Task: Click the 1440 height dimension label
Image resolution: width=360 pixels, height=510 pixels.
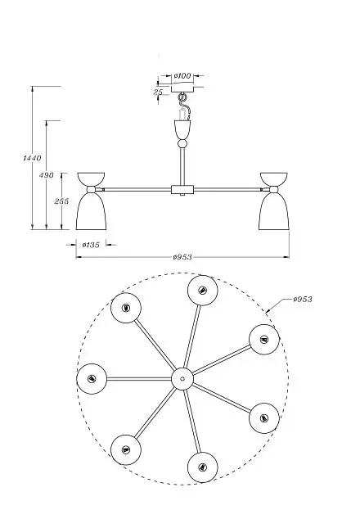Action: coord(32,158)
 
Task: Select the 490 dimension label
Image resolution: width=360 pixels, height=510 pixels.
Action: coord(46,175)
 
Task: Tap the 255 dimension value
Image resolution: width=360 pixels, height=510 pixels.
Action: coord(61,201)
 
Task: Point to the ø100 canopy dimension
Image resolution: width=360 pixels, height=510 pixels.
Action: coord(182,76)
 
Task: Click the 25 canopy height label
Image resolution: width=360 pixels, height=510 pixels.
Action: coord(158,92)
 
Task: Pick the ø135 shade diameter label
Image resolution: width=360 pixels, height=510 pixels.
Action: coord(91,245)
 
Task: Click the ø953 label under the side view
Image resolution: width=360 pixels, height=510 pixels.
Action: coord(182,257)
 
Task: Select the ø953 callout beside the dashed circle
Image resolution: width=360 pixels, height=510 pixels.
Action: coord(303,299)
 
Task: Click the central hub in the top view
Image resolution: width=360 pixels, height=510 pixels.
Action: coord(182,378)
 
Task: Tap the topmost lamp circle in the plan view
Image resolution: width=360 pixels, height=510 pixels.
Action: coord(203,291)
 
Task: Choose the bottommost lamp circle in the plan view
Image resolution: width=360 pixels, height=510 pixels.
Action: coord(203,467)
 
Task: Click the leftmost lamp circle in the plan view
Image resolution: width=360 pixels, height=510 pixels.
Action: coord(92,379)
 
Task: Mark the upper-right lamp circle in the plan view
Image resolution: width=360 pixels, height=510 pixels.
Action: coord(264,340)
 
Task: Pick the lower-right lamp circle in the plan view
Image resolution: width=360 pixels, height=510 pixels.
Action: coord(264,418)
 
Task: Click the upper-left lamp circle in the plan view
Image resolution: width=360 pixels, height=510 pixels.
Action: coord(126,308)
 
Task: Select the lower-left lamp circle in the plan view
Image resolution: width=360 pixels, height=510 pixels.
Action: coord(126,449)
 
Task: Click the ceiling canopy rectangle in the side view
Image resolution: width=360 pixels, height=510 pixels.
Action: coord(182,88)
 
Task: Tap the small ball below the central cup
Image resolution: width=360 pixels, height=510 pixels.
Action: coord(182,144)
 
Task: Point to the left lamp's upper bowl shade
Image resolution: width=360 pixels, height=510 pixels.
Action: coord(91,179)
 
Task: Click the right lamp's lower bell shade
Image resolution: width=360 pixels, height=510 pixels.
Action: coord(274,211)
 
